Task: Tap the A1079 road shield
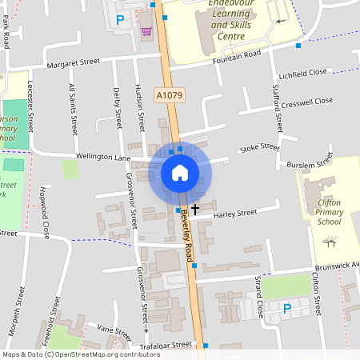tap(169, 95)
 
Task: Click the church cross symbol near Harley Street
tap(194, 208)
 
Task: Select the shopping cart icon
tap(146, 32)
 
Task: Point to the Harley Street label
tap(234, 214)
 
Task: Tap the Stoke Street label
tap(260, 148)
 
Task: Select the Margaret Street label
tap(73, 62)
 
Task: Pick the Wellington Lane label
tap(103, 157)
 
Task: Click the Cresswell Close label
tap(307, 102)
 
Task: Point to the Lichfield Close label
tap(304, 72)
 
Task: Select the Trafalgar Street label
tap(166, 345)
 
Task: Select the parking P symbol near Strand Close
tap(287, 308)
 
